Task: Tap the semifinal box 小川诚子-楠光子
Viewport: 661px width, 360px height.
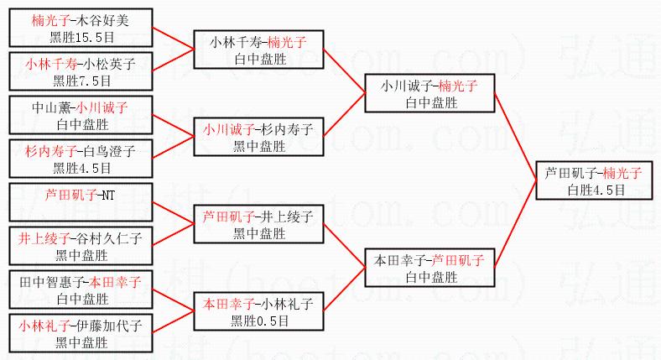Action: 429,93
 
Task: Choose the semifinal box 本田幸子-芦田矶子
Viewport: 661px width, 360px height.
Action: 429,268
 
